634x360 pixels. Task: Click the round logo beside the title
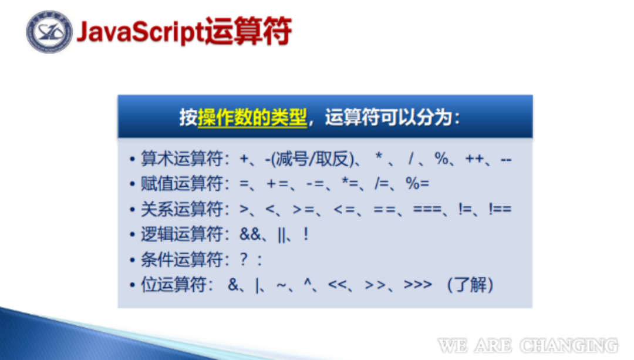click(49, 32)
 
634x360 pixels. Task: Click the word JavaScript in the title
click(140, 32)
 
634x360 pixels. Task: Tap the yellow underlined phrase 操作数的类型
click(252, 117)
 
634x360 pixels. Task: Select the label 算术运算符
click(181, 158)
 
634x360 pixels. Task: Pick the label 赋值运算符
click(181, 184)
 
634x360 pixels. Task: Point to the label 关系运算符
click(181, 209)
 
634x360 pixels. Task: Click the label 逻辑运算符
click(181, 234)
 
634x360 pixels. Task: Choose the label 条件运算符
click(181, 259)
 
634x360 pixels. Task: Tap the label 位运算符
click(173, 284)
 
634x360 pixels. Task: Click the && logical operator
click(250, 234)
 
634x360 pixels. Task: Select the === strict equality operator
click(427, 209)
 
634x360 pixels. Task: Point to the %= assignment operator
click(417, 184)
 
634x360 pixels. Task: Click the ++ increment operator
click(474, 159)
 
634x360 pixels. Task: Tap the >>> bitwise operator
click(418, 285)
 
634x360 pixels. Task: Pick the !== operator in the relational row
click(500, 208)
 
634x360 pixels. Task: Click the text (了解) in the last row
click(470, 285)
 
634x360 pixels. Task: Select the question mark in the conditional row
click(244, 259)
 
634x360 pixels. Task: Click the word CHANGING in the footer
click(569, 346)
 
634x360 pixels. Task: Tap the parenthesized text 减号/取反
click(313, 159)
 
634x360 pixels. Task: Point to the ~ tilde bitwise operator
click(281, 285)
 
